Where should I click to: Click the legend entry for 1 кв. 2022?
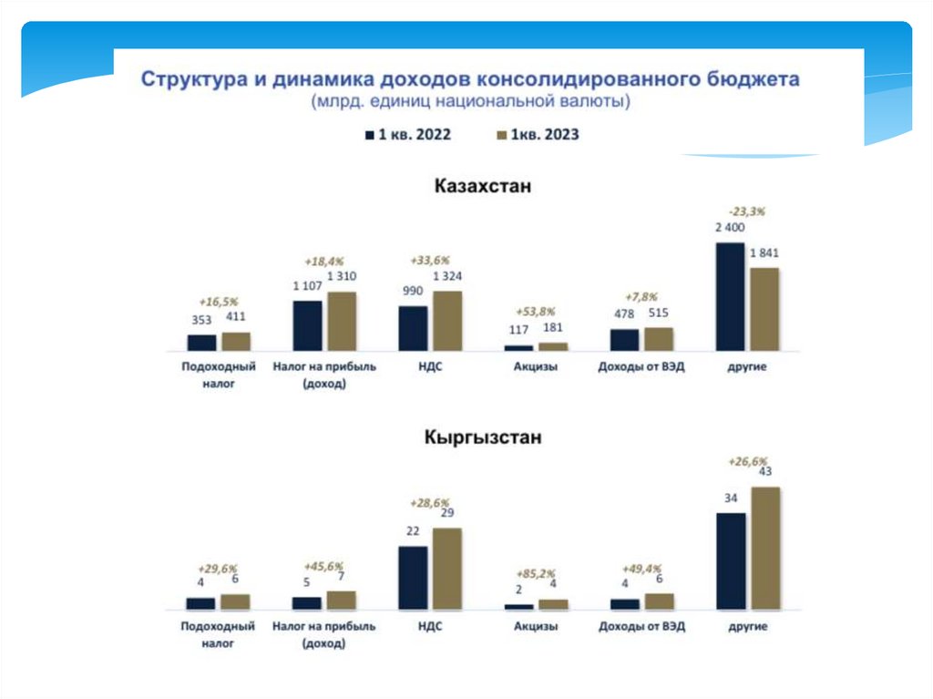407,135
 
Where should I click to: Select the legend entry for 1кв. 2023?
537,135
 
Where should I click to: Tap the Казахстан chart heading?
482,187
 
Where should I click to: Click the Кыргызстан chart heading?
483,437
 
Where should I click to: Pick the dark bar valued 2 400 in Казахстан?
730,296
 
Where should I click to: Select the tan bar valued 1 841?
764,309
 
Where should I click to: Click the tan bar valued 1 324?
447,321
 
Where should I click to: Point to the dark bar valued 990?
413,328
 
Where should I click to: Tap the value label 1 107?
307,285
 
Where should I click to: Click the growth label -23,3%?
746,211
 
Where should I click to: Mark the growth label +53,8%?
535,311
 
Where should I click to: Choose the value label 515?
658,313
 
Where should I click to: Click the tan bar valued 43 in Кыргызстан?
764,548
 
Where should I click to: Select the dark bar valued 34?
730,560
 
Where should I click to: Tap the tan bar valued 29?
447,568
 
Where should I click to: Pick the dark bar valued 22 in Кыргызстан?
413,577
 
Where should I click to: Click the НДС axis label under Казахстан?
430,367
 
